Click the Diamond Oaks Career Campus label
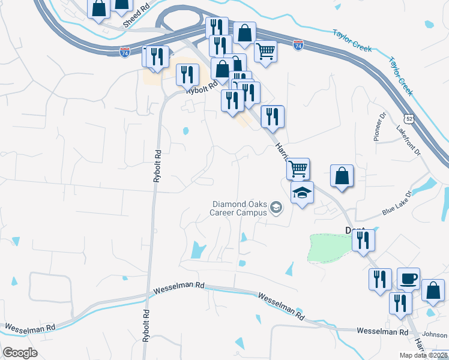239,208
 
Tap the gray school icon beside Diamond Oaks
276,208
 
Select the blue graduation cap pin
302,193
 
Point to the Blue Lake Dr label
398,204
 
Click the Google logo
20,353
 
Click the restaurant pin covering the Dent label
364,239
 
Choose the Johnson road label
435,335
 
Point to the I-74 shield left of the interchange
124,52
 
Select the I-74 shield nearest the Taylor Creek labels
298,44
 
